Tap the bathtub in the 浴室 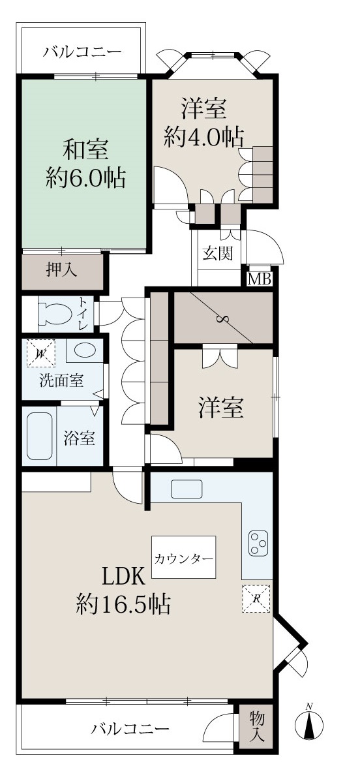pos(40,436)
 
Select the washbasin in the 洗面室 pos(84,351)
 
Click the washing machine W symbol pos(41,353)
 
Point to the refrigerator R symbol pos(256,598)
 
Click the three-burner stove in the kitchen pos(258,543)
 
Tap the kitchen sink pos(187,489)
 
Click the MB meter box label pos(260,279)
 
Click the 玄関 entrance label pos(218,253)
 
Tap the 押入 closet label pos(61,270)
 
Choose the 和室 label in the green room pos(85,149)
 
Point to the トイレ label pos(84,314)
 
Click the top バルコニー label pos(82,52)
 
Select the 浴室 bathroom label pos(80,438)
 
